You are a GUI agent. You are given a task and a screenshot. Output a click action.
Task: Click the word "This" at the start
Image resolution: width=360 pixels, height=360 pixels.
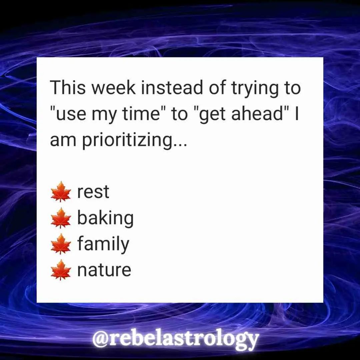pyautogui.click(x=68, y=87)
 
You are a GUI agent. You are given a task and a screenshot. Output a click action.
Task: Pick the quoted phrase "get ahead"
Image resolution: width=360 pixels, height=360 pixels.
pyautogui.click(x=240, y=114)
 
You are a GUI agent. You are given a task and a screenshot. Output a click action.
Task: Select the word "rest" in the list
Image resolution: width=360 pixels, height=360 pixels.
pyautogui.click(x=93, y=192)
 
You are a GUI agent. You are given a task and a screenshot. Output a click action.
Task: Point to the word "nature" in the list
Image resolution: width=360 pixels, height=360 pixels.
pyautogui.click(x=104, y=270)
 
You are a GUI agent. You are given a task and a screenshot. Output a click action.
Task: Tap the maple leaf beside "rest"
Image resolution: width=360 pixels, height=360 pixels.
pyautogui.click(x=61, y=192)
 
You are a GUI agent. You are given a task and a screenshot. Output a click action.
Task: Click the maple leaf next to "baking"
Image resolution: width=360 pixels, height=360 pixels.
pyautogui.click(x=61, y=218)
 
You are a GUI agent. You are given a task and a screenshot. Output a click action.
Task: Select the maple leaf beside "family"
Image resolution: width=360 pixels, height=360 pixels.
pyautogui.click(x=61, y=244)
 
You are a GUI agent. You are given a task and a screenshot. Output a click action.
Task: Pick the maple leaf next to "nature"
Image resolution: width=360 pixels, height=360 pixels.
pyautogui.click(x=61, y=270)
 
